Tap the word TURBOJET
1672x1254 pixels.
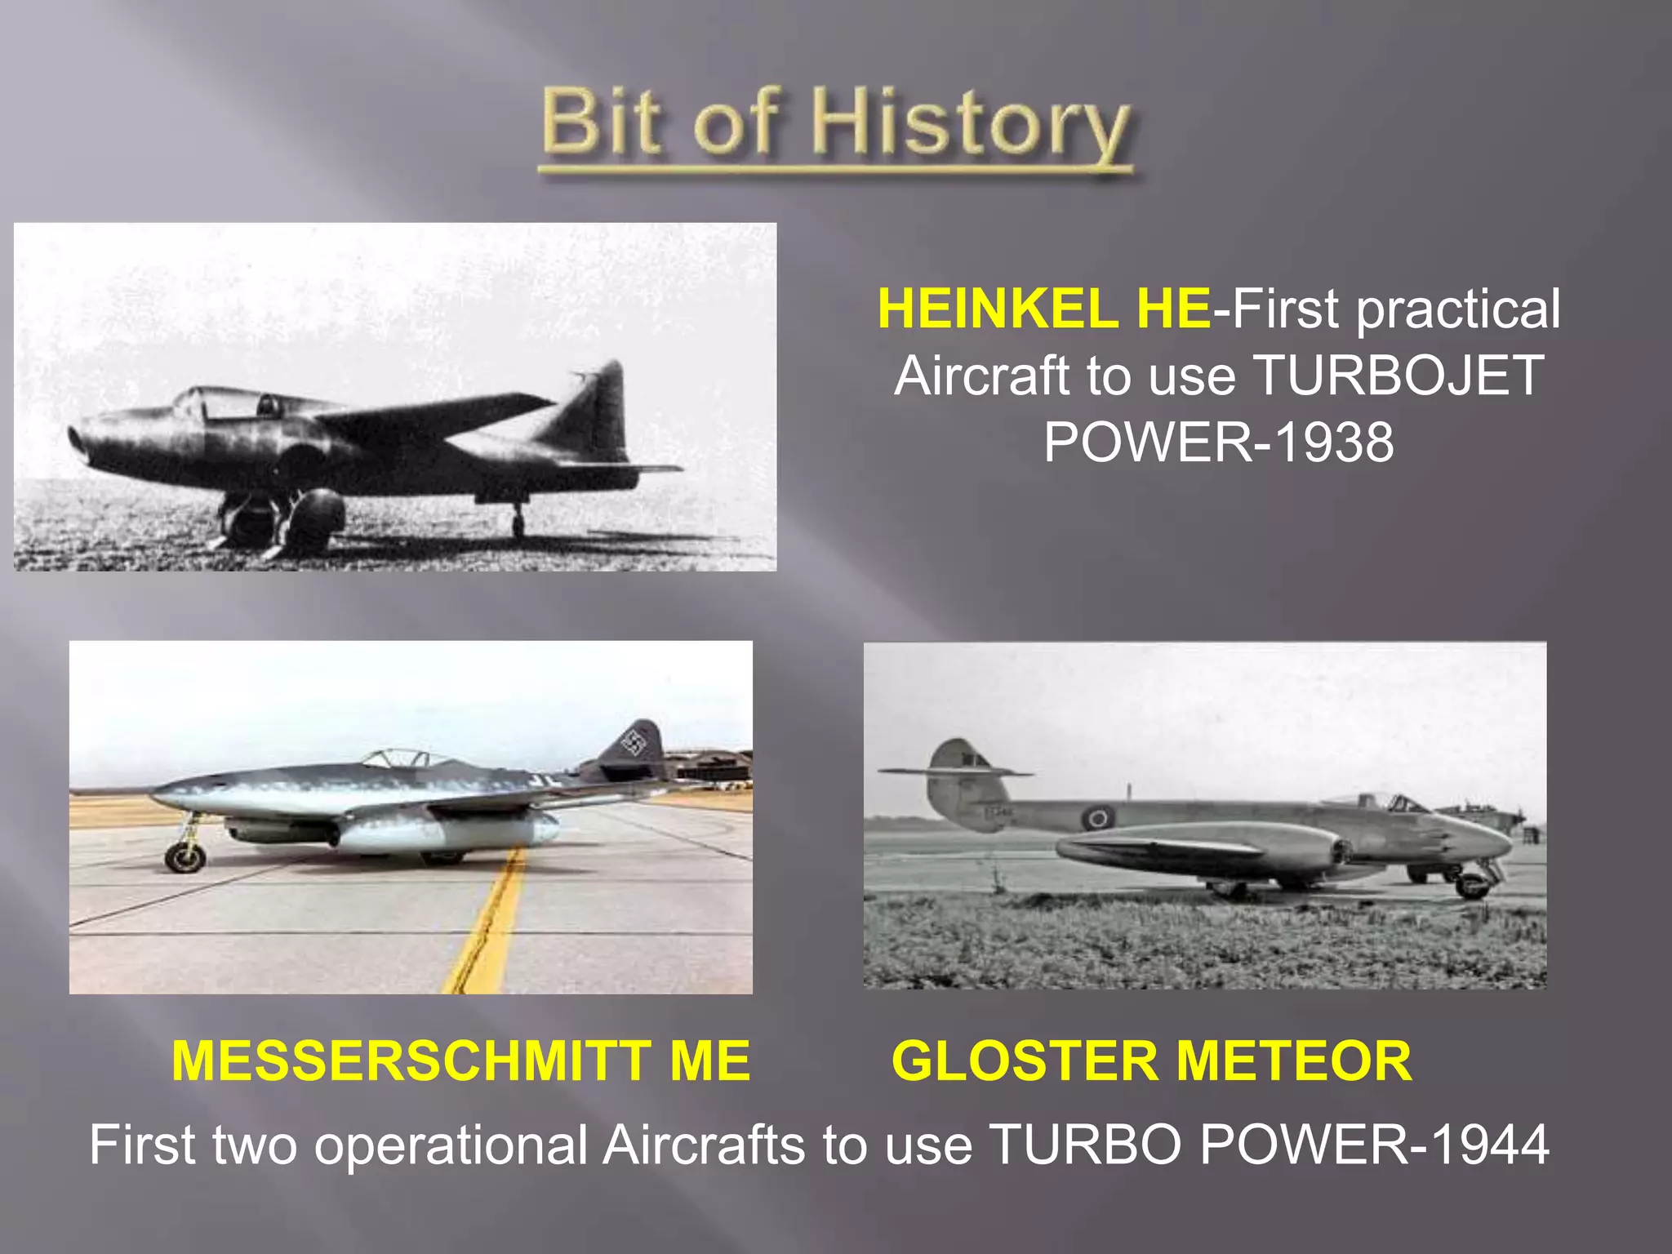[1398, 376]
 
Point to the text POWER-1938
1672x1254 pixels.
[1218, 442]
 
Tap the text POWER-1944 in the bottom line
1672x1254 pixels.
[1374, 1145]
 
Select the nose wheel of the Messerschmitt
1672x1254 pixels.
[185, 856]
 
